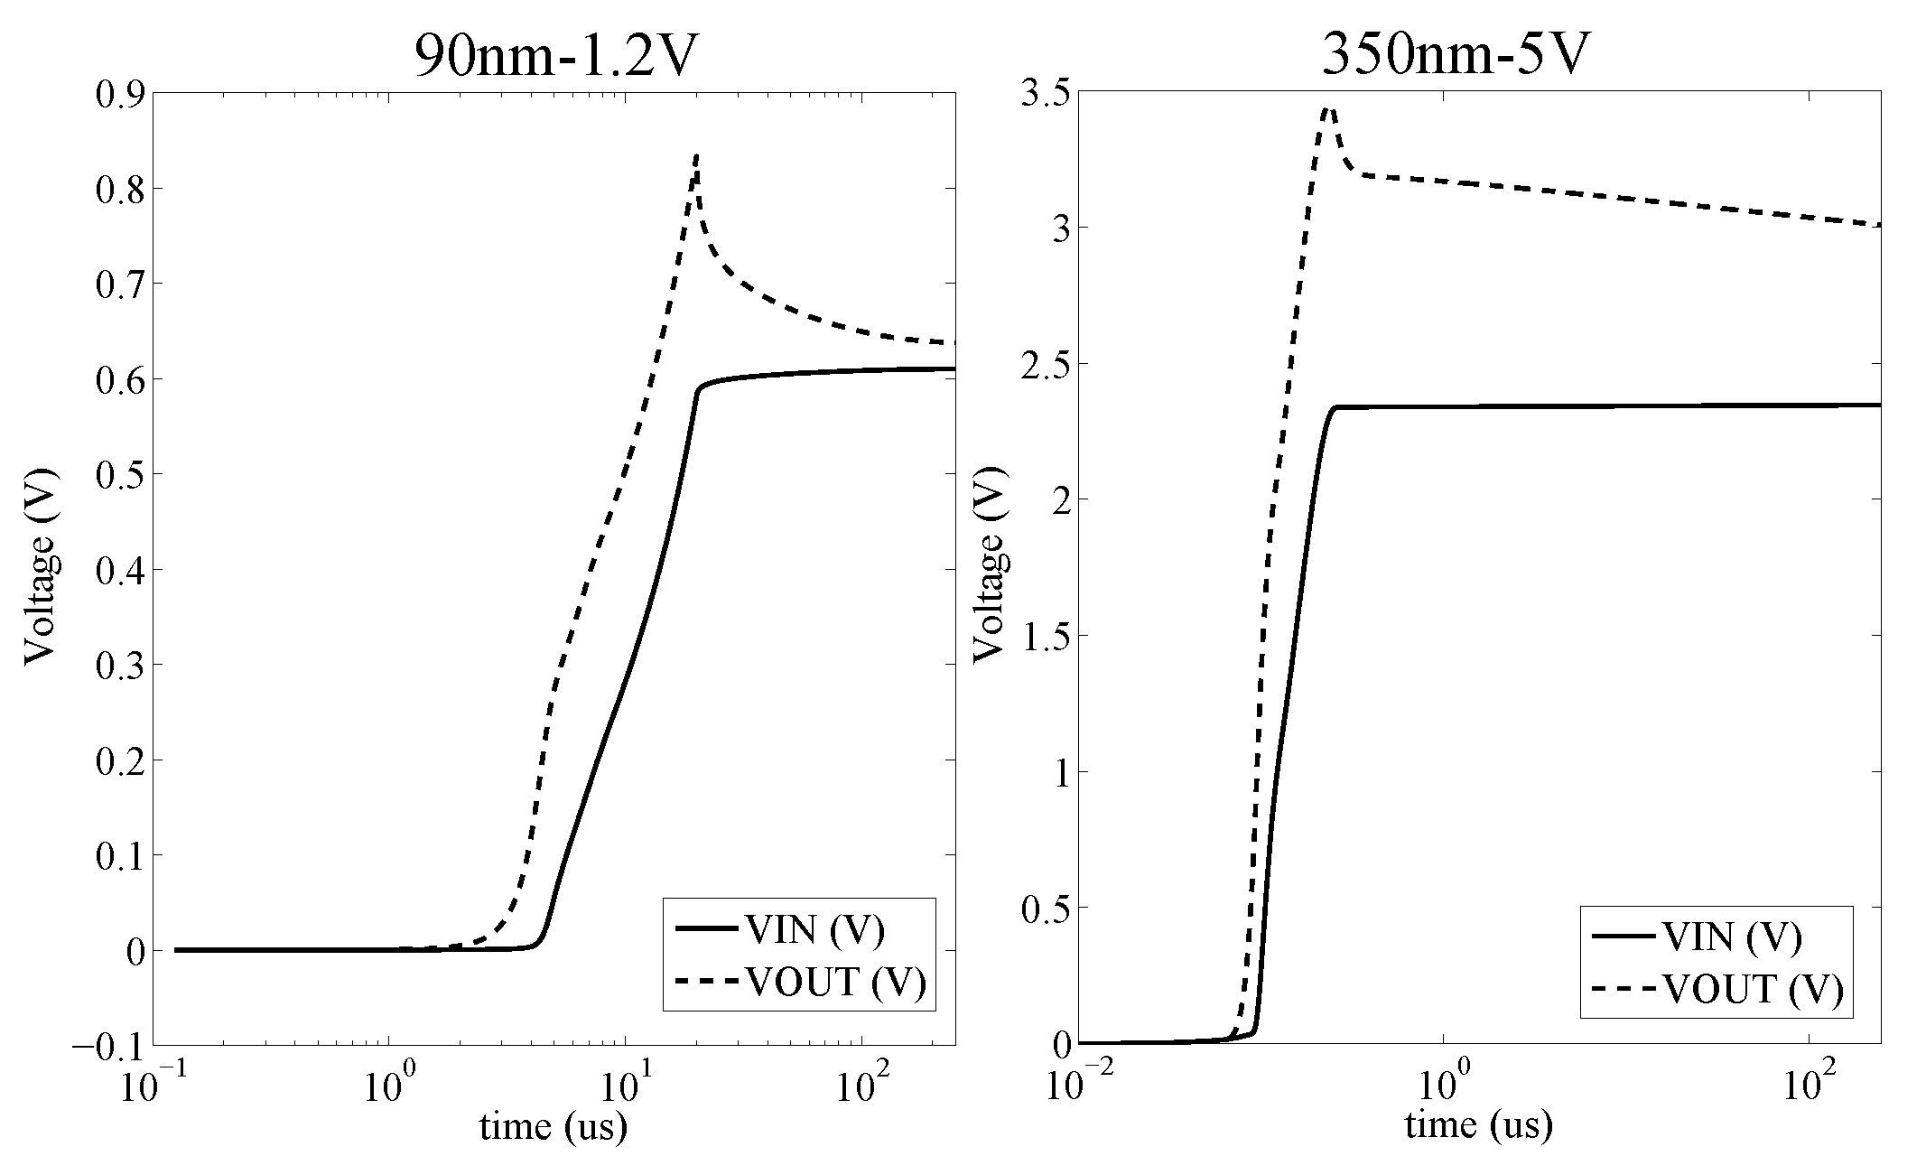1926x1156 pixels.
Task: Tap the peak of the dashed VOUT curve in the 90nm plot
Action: coord(697,157)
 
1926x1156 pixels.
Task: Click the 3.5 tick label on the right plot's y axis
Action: coord(1039,94)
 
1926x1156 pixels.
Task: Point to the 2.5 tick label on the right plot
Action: coord(1039,364)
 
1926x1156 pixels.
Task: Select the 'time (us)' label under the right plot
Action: coord(1478,1125)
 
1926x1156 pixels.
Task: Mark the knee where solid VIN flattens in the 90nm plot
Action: coord(700,389)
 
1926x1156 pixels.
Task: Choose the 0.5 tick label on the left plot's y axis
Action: coord(119,474)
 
